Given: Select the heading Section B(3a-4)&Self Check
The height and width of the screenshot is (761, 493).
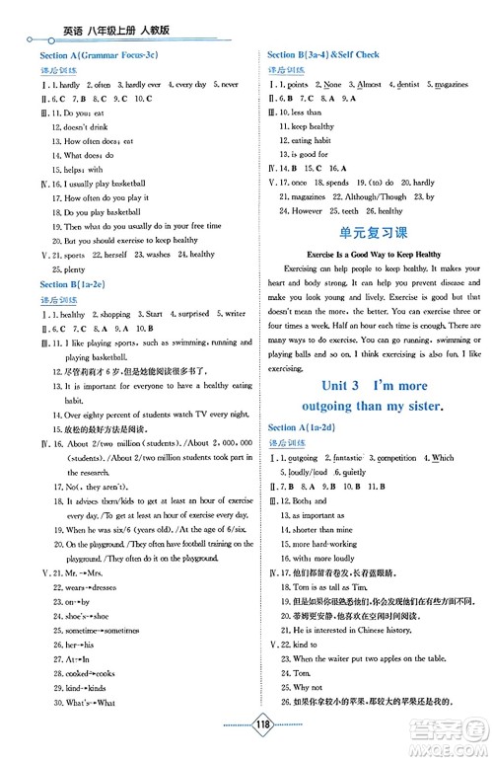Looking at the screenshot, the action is (326, 55).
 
